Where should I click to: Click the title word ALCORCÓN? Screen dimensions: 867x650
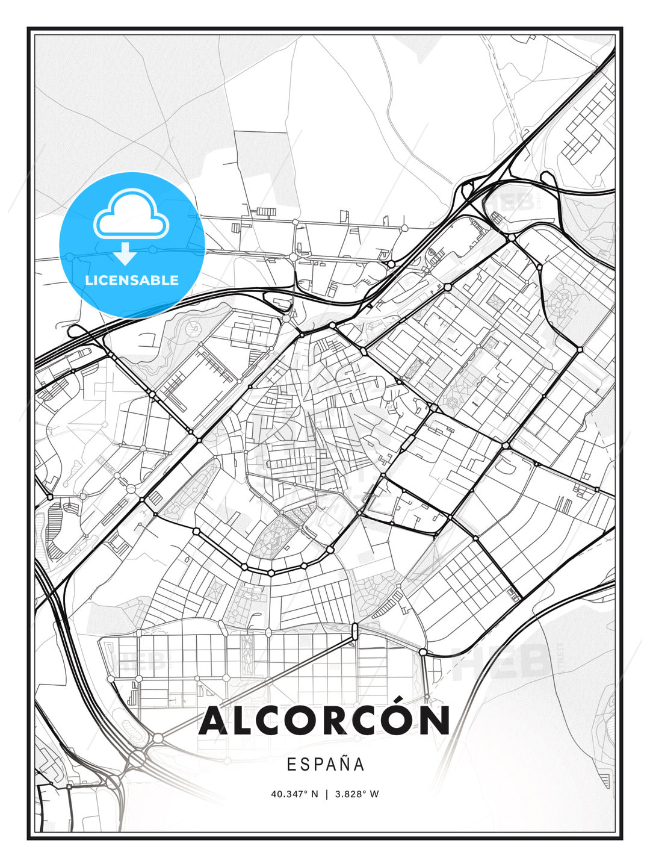[324, 721]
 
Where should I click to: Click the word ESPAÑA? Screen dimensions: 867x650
[326, 765]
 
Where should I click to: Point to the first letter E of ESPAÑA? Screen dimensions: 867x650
[291, 765]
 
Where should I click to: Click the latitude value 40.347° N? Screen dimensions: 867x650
[294, 794]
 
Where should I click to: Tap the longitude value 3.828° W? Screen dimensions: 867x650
[356, 794]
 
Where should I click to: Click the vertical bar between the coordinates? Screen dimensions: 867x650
[326, 794]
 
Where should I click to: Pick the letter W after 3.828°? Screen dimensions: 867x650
[374, 794]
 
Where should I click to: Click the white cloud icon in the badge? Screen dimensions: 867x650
[131, 216]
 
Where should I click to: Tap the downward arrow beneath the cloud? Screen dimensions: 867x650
[125, 253]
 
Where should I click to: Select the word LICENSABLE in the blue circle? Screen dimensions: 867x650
[132, 281]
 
